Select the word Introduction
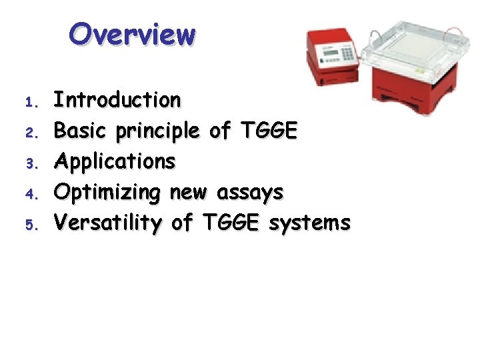[x=117, y=100]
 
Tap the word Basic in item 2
[x=81, y=131]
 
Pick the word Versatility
[x=107, y=223]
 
